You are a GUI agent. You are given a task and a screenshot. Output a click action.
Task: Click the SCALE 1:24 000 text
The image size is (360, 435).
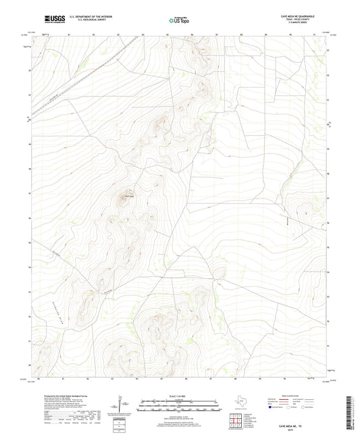pos(179,395)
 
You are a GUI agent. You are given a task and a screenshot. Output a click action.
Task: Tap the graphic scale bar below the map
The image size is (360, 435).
pos(179,404)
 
